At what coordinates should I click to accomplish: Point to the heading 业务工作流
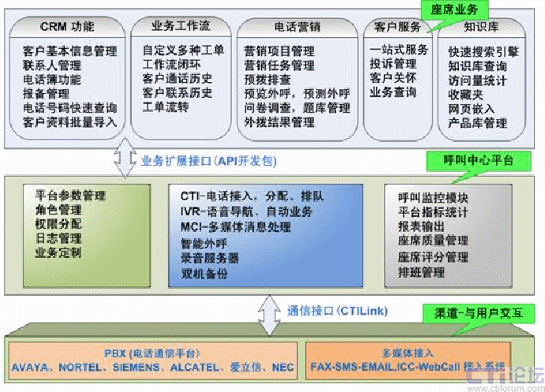pyautogui.click(x=181, y=26)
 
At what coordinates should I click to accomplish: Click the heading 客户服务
pyautogui.click(x=399, y=26)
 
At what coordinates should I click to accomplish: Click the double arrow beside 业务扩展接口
pyautogui.click(x=126, y=161)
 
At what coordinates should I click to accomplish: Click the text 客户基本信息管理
pyautogui.click(x=70, y=51)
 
